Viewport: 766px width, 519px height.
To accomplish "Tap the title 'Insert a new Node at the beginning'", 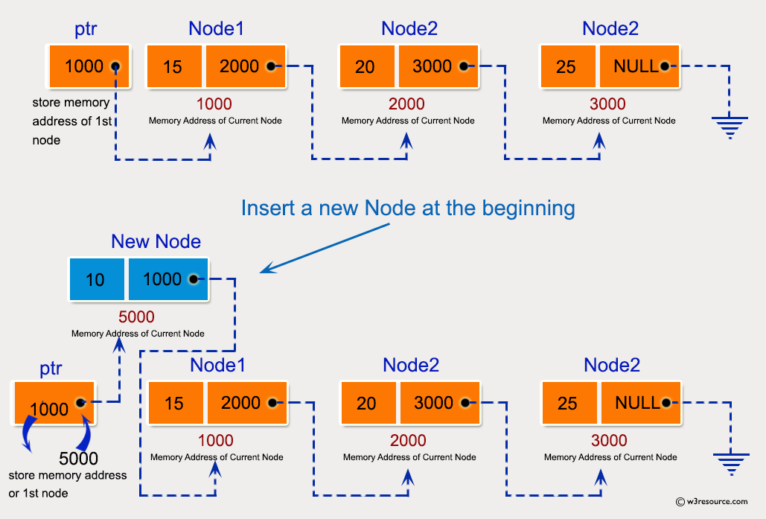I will point(407,207).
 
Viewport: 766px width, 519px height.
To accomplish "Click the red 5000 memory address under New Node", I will point(138,317).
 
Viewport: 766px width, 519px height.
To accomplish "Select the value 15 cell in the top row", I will point(173,66).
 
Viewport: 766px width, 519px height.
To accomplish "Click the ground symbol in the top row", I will point(728,127).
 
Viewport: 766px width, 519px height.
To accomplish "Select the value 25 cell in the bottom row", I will point(568,403).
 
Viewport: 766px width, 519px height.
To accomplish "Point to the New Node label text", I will point(156,241).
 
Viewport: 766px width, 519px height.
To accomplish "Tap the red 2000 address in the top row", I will point(407,104).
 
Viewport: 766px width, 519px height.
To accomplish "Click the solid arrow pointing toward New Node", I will point(326,247).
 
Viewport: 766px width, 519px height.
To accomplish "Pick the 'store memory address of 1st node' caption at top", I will point(71,121).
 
